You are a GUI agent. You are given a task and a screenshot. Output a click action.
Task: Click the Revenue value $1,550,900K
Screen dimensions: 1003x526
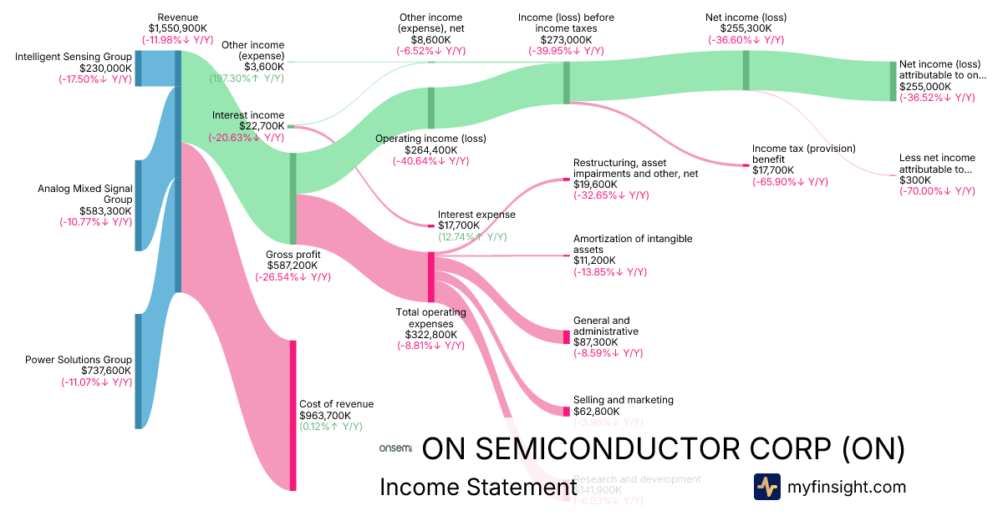tap(177, 28)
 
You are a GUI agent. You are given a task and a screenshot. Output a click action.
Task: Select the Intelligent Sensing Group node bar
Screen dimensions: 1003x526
tap(139, 68)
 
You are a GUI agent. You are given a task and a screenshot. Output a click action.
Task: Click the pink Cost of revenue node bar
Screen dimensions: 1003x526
tap(293, 414)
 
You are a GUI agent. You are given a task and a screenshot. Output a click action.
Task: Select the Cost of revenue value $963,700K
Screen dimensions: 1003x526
tap(325, 415)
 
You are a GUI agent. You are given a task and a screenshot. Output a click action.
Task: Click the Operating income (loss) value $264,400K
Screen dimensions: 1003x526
tap(431, 149)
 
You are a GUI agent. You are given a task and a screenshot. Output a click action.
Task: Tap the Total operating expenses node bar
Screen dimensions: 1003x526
tap(431, 276)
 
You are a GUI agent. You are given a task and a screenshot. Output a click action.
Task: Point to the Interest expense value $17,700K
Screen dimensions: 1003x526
tap(459, 225)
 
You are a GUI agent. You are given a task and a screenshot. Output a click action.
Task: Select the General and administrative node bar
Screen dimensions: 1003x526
tap(566, 337)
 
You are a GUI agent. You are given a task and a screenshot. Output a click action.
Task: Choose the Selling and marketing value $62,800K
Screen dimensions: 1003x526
tap(597, 412)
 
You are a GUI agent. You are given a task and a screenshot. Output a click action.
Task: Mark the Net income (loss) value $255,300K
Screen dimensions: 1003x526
tap(745, 28)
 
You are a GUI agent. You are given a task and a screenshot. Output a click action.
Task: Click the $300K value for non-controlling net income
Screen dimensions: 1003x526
tap(914, 180)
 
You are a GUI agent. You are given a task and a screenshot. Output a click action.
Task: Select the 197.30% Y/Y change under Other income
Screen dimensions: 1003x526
tap(247, 78)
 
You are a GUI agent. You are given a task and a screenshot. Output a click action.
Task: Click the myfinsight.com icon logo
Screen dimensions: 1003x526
tap(766, 487)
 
